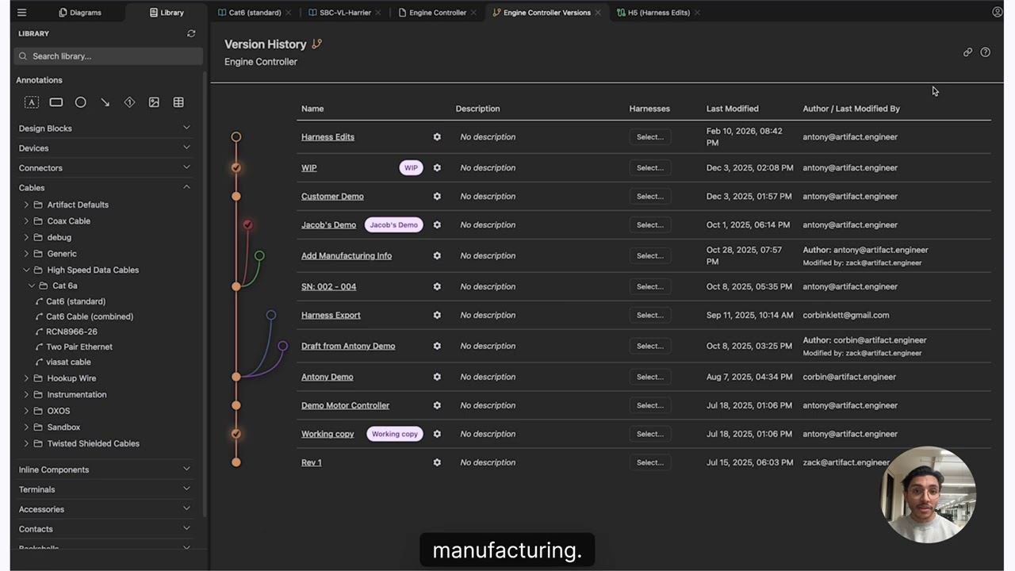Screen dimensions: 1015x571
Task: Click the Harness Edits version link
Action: (327, 137)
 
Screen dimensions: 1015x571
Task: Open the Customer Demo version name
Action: (332, 196)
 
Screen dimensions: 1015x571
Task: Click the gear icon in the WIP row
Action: (437, 167)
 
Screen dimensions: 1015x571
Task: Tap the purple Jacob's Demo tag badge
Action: (394, 224)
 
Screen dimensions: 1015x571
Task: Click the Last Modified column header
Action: (732, 109)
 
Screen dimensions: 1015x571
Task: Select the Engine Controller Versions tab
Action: (546, 13)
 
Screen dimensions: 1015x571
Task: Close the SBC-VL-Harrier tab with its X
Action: (378, 13)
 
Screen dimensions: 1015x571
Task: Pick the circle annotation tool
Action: (80, 102)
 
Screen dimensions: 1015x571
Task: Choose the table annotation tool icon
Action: (178, 102)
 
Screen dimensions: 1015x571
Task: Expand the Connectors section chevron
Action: (186, 167)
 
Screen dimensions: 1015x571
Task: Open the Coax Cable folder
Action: (68, 221)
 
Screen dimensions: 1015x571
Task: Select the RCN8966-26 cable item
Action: (71, 331)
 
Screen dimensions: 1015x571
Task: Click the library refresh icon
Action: (191, 33)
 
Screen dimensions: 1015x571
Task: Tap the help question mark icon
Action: (985, 52)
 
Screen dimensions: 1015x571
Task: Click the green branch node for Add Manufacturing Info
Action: (259, 255)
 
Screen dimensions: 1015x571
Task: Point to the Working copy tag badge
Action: (395, 434)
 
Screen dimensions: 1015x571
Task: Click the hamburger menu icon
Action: (21, 13)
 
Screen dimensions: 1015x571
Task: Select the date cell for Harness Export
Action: (749, 316)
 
